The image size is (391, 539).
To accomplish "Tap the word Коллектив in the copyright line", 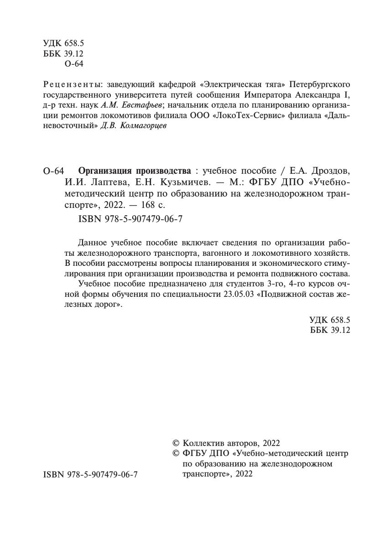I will click(205, 443).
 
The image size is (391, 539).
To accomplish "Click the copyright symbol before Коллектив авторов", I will click(175, 443).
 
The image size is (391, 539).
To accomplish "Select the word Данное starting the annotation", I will click(93, 242).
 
